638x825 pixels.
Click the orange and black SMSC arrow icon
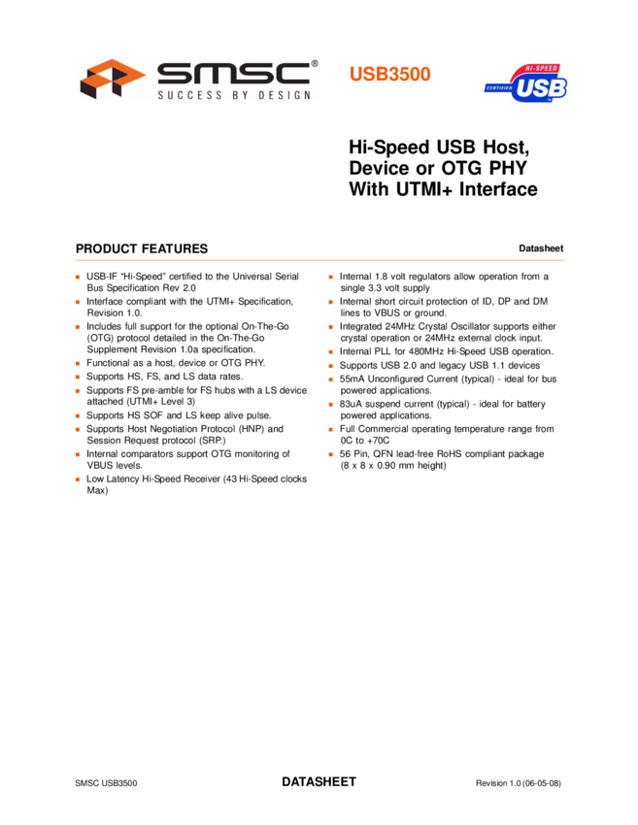click(110, 79)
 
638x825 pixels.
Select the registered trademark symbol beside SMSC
click(314, 64)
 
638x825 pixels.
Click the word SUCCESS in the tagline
click(190, 95)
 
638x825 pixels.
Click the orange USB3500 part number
click(389, 75)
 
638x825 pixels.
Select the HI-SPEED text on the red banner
click(540, 69)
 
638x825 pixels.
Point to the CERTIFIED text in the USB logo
click(498, 88)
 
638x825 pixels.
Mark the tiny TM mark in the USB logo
click(560, 104)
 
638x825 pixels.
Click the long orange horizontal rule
click(319, 260)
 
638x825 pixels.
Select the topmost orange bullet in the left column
click(78, 278)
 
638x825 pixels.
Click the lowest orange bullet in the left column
click(78, 479)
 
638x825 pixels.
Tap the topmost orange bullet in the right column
click(331, 278)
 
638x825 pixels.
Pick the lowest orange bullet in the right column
click(331, 454)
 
